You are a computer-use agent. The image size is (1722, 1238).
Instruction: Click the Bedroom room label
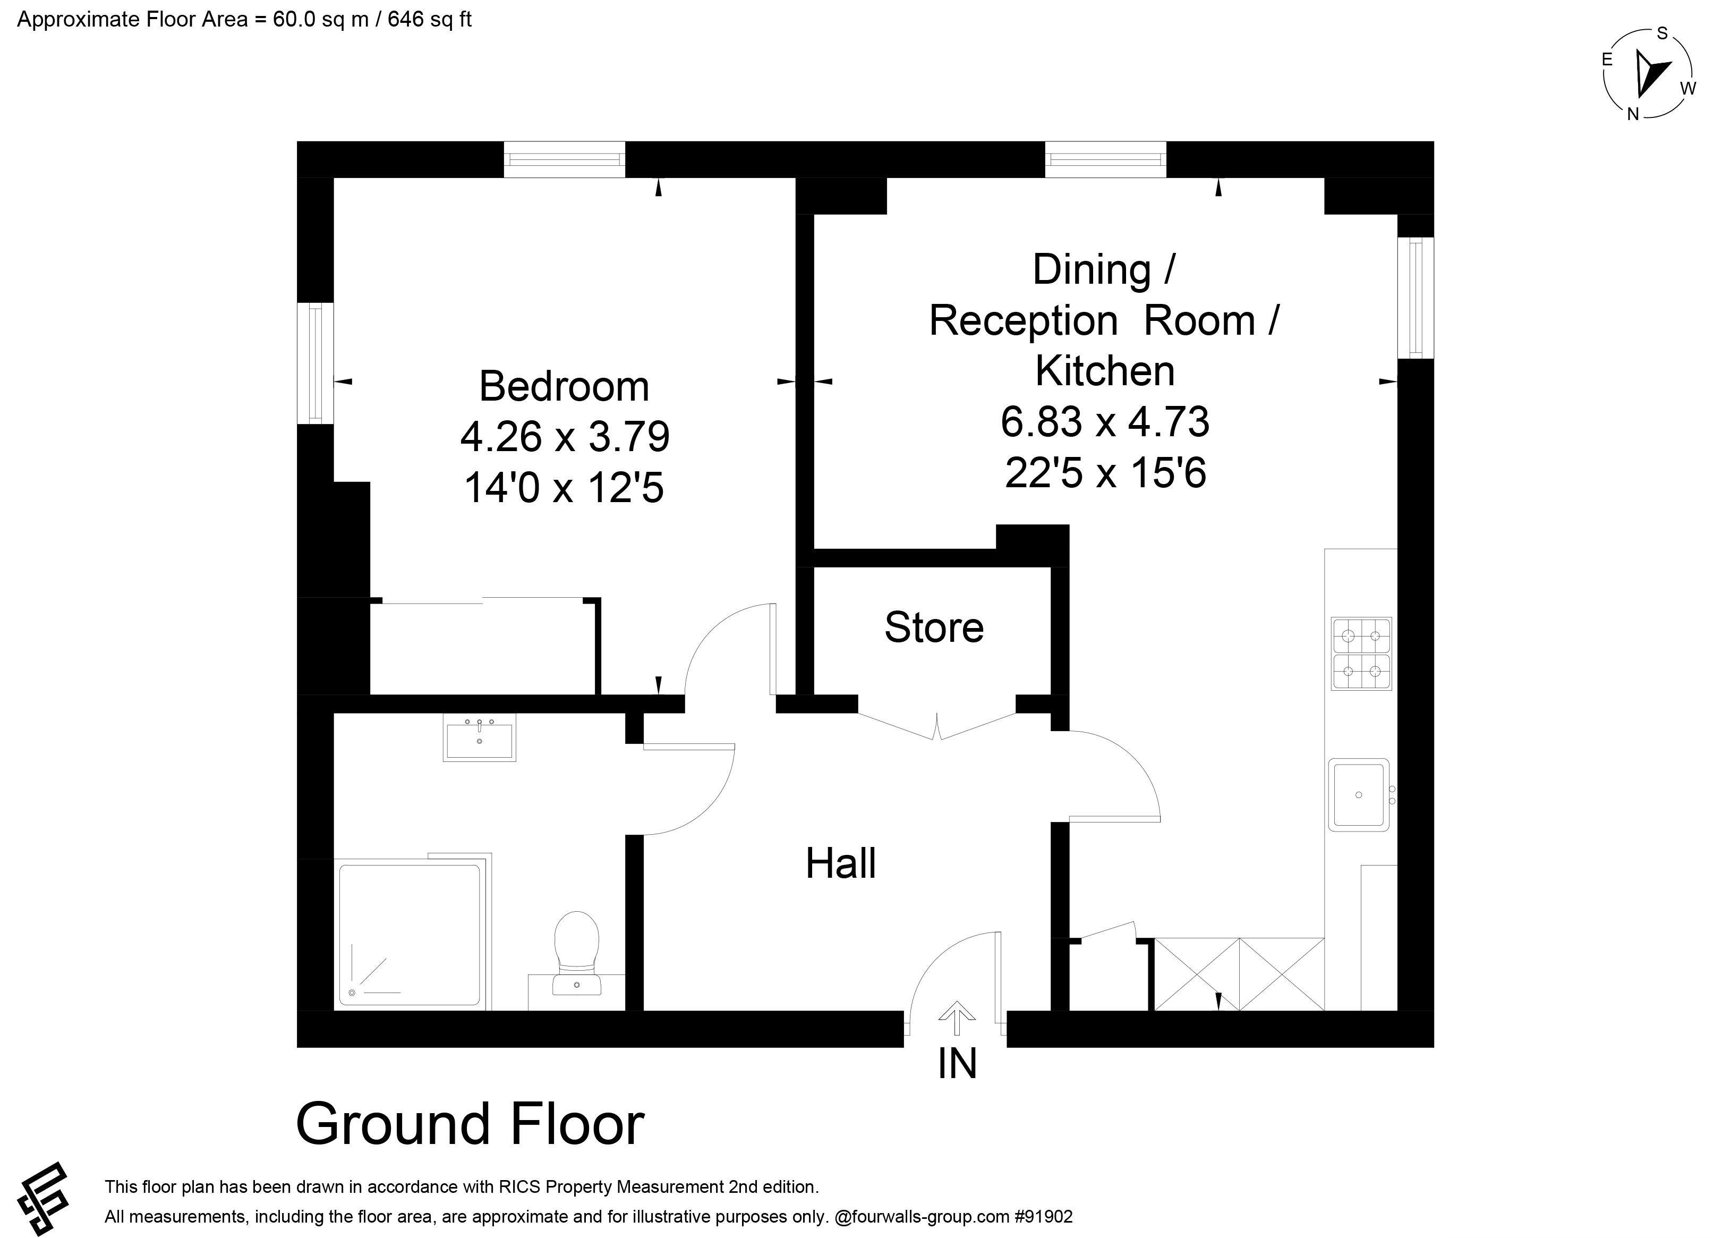click(564, 387)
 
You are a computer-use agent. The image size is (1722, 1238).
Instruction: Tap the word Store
click(934, 628)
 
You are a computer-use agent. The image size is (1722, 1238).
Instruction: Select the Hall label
click(840, 863)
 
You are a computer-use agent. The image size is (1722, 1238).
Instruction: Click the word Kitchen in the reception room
click(1105, 371)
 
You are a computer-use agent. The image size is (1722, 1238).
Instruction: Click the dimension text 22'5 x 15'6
click(1105, 473)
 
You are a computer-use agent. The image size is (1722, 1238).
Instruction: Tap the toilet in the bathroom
click(577, 953)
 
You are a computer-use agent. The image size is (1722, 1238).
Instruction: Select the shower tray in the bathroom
click(410, 935)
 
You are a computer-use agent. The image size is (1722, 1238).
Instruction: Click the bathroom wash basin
click(479, 737)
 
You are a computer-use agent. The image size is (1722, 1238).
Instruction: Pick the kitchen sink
click(1359, 794)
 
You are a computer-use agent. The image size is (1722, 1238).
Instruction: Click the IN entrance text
click(958, 1064)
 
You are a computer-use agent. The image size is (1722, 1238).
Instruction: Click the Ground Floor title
click(470, 1125)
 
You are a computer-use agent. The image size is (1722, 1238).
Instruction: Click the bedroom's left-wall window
click(315, 363)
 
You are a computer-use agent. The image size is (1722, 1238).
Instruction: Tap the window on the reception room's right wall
click(1416, 298)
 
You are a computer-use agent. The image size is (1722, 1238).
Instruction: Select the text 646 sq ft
click(430, 20)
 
